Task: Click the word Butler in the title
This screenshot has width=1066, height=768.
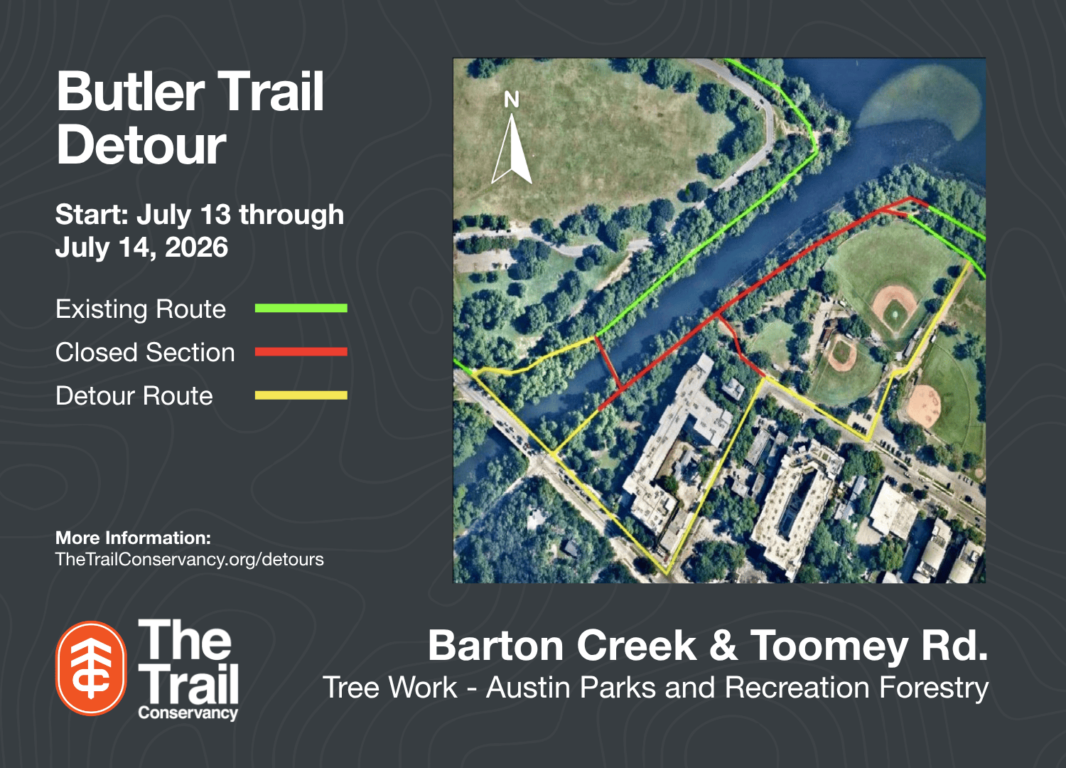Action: click(131, 91)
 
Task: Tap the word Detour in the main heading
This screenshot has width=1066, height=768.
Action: click(141, 144)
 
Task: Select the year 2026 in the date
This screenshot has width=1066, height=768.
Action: click(197, 247)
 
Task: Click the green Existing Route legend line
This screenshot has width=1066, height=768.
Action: click(301, 308)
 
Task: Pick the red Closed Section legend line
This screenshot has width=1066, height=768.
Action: click(301, 352)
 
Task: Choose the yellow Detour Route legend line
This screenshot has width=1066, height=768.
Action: click(301, 395)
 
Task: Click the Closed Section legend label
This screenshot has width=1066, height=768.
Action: click(145, 352)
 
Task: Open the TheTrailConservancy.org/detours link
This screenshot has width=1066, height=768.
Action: click(190, 560)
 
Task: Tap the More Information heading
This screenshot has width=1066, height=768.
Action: click(134, 538)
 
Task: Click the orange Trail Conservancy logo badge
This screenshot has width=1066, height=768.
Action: click(91, 668)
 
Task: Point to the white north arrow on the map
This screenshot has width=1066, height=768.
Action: click(512, 149)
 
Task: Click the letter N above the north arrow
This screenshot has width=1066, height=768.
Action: click(512, 99)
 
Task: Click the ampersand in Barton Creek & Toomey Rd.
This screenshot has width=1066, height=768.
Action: click(723, 645)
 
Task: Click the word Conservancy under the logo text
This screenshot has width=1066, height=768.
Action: click(188, 713)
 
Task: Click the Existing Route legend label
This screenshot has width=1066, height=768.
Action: click(141, 309)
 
